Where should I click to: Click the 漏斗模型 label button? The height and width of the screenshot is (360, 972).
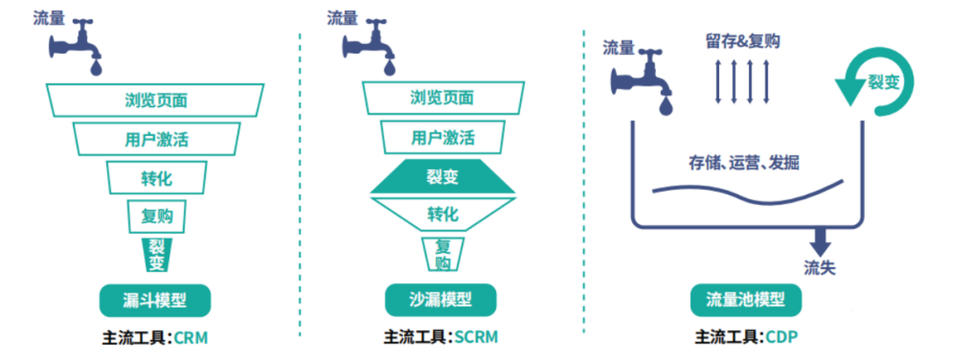pyautogui.click(x=155, y=300)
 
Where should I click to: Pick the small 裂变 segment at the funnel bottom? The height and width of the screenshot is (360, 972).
pyautogui.click(x=156, y=254)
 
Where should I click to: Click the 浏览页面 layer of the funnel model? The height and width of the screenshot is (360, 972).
pyautogui.click(x=156, y=99)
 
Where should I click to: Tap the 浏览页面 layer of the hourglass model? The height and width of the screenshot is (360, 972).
pyautogui.click(x=442, y=98)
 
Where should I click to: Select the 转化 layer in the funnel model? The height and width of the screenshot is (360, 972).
pyautogui.click(x=156, y=177)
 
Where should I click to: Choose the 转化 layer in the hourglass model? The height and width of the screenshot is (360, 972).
pyautogui.click(x=442, y=214)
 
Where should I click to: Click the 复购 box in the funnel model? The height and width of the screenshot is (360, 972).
pyautogui.click(x=156, y=216)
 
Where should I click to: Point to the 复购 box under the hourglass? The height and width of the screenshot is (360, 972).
pyautogui.click(x=442, y=254)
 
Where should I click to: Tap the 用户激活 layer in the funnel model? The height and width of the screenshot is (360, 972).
pyautogui.click(x=156, y=139)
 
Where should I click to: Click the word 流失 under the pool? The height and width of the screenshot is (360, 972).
pyautogui.click(x=821, y=267)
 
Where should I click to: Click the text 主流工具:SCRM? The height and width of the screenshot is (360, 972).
pyautogui.click(x=440, y=337)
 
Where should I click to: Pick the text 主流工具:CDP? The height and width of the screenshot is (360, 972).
pyautogui.click(x=747, y=337)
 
